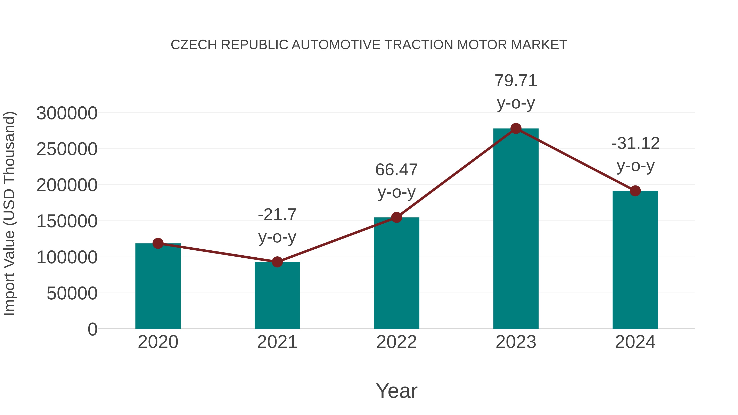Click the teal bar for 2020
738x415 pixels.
(158, 287)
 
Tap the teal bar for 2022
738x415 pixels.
(396, 274)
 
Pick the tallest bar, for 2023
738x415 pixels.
(516, 229)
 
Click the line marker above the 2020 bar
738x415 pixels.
(158, 243)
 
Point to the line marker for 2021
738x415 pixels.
(277, 262)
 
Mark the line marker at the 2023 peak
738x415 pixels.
(516, 128)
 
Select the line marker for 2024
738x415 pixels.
(635, 191)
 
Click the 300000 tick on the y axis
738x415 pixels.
(67, 113)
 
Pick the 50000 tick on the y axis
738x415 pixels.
(72, 293)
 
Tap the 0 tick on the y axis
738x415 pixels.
(92, 329)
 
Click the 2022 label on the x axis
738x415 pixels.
(396, 342)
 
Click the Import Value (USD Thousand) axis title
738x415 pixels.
(9, 213)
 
